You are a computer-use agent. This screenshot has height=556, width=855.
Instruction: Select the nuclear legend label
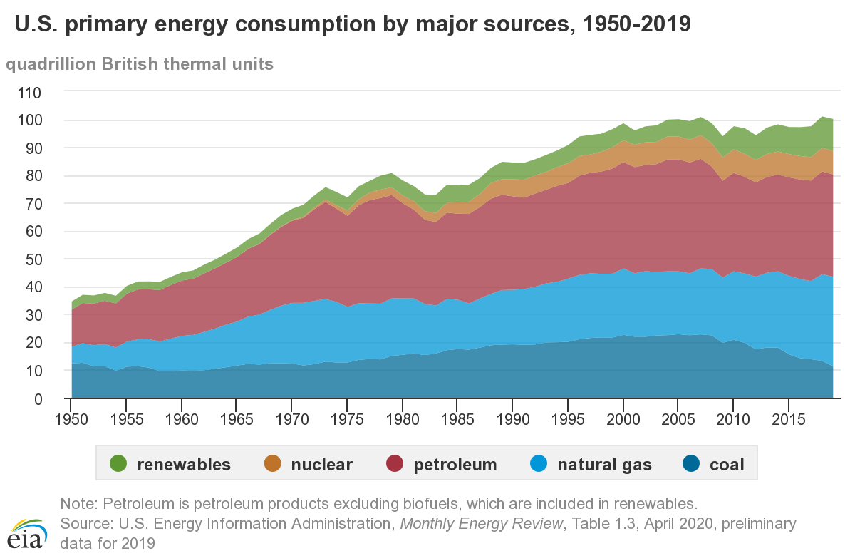pyautogui.click(x=321, y=465)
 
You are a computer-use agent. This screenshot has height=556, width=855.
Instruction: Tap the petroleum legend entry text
pyautogui.click(x=455, y=465)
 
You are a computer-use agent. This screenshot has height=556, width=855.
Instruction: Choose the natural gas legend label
pyautogui.click(x=604, y=465)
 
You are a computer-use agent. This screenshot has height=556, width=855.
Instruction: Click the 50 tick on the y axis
pyautogui.click(x=33, y=259)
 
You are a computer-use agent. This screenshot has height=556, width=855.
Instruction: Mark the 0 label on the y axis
pyautogui.click(x=38, y=398)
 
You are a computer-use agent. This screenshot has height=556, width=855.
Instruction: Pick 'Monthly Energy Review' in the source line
pyautogui.click(x=482, y=523)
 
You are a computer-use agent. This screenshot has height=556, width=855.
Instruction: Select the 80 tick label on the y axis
pyautogui.click(x=33, y=176)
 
